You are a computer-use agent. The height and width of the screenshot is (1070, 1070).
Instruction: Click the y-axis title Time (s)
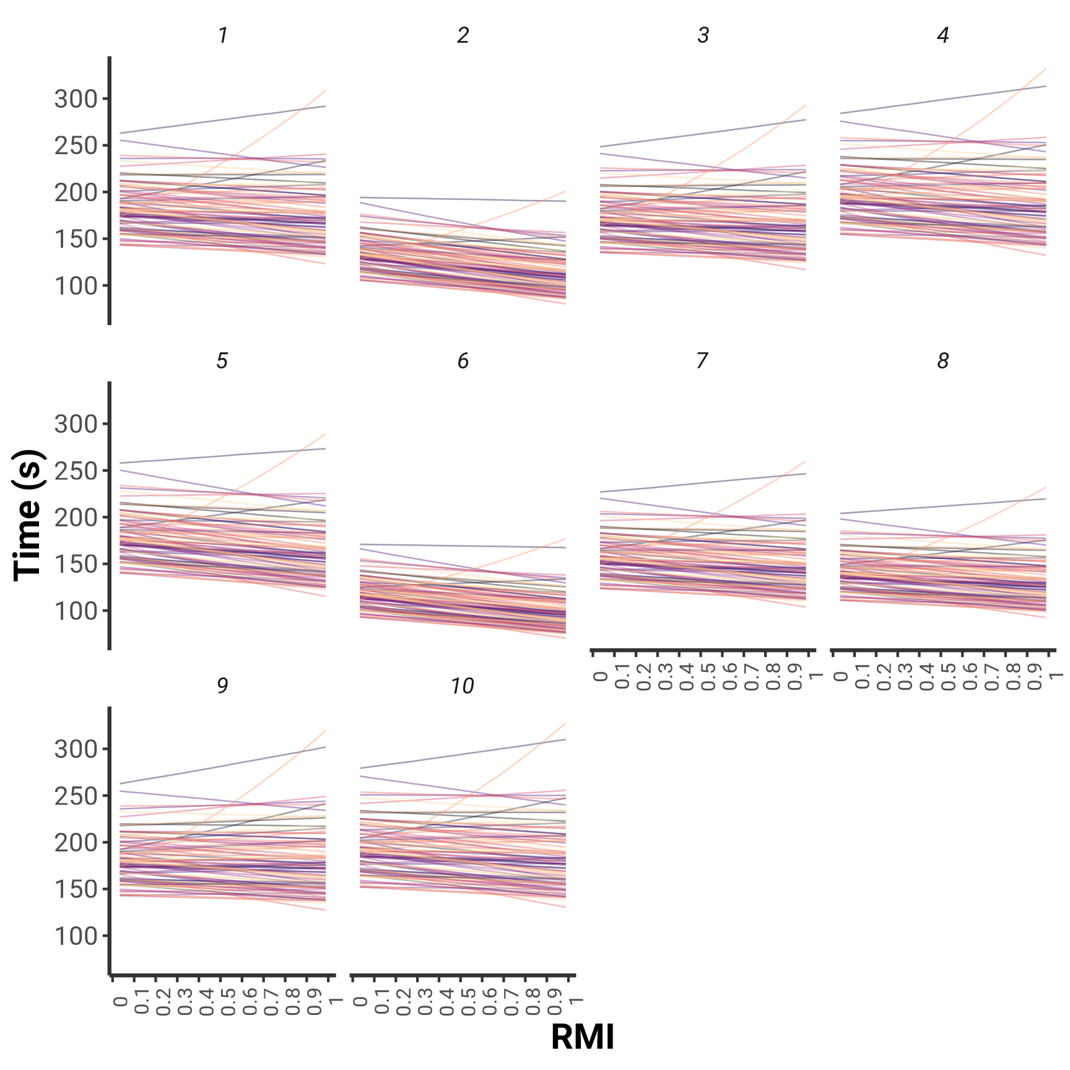(x=28, y=515)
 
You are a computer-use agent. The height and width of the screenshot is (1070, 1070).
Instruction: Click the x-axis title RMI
(x=582, y=1037)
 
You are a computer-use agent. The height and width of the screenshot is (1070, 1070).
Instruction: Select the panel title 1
(x=223, y=35)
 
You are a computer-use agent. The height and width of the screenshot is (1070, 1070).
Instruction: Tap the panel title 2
(x=463, y=35)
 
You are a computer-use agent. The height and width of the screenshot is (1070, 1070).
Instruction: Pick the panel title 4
(x=943, y=35)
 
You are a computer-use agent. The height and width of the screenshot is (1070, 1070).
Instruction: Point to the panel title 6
(x=463, y=360)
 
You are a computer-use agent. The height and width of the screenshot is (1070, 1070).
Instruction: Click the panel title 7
(x=702, y=360)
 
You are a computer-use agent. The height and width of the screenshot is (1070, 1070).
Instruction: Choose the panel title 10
(x=463, y=686)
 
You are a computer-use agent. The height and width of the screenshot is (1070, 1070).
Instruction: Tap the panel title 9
(x=222, y=686)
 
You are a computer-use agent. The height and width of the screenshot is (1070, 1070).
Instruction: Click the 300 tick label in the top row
(x=76, y=99)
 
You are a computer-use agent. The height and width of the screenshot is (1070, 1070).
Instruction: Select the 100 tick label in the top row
(x=76, y=286)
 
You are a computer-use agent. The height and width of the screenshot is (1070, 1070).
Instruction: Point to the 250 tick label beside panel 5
(x=76, y=471)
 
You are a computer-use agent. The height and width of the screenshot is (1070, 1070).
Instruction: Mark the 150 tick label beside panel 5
(x=76, y=564)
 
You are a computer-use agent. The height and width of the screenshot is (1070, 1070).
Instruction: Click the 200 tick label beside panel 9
(x=76, y=843)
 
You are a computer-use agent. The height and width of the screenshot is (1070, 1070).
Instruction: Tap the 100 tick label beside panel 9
(x=76, y=936)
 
